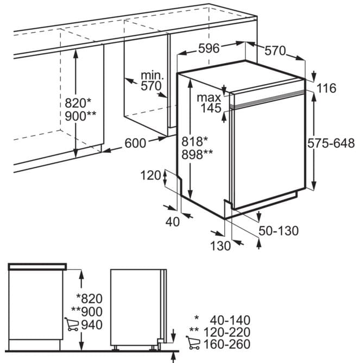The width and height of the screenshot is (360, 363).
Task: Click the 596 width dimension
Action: click(209, 48)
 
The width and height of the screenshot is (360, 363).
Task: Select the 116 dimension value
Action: click(326, 88)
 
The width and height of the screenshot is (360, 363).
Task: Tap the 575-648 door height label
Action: click(331, 143)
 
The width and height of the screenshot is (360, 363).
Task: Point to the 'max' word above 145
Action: click(209, 98)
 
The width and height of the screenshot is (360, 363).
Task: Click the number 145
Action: click(211, 108)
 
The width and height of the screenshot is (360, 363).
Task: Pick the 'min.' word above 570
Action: click(152, 75)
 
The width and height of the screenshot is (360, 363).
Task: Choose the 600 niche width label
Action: click(135, 143)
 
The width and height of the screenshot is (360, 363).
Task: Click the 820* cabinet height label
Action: click(78, 103)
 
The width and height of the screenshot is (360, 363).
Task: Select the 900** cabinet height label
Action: click(80, 116)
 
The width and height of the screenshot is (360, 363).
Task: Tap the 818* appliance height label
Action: click(194, 141)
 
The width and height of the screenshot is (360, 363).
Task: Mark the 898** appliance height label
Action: click(197, 154)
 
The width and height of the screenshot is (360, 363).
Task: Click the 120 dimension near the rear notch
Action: click(150, 175)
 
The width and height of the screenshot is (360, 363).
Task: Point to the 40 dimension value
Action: click(173, 222)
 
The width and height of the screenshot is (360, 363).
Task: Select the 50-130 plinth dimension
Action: click(279, 231)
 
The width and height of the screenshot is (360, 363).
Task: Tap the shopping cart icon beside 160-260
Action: click(193, 343)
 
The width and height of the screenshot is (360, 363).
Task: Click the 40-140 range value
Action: click(230, 320)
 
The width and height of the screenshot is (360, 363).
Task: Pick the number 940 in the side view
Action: click(92, 325)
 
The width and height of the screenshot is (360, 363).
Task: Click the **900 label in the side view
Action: click(87, 311)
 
